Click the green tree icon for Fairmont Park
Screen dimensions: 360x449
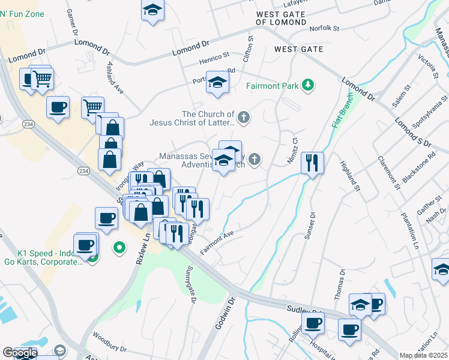pyautogui.click(x=308, y=85)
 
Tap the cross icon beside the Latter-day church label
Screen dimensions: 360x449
pyautogui.click(x=243, y=117)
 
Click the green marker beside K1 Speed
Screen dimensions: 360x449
pyautogui.click(x=119, y=246)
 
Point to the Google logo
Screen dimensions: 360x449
pyautogui.click(x=20, y=353)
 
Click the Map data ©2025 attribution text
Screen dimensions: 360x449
pyautogui.click(x=424, y=355)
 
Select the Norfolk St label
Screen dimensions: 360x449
pyautogui.click(x=325, y=28)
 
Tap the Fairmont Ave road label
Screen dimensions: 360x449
pyautogui.click(x=217, y=243)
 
